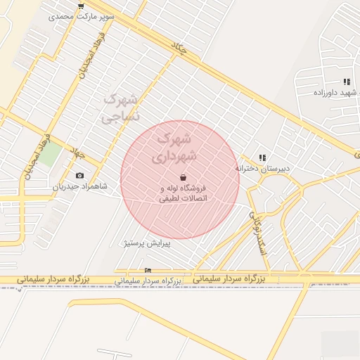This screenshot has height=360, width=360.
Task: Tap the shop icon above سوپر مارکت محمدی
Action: click(x=82, y=6)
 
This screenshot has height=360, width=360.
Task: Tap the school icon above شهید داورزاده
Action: click(x=347, y=82)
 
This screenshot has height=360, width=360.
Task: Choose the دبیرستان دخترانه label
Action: click(x=262, y=169)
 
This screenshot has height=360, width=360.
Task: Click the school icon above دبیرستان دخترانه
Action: click(x=262, y=158)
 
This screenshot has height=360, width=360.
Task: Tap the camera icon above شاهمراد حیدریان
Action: click(x=79, y=175)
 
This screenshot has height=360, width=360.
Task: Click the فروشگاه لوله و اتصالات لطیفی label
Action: click(x=183, y=193)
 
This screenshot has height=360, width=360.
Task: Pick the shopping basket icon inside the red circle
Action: click(x=184, y=178)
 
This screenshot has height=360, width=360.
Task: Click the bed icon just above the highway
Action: click(x=147, y=271)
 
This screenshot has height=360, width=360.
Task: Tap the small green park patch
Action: click(x=49, y=155)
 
